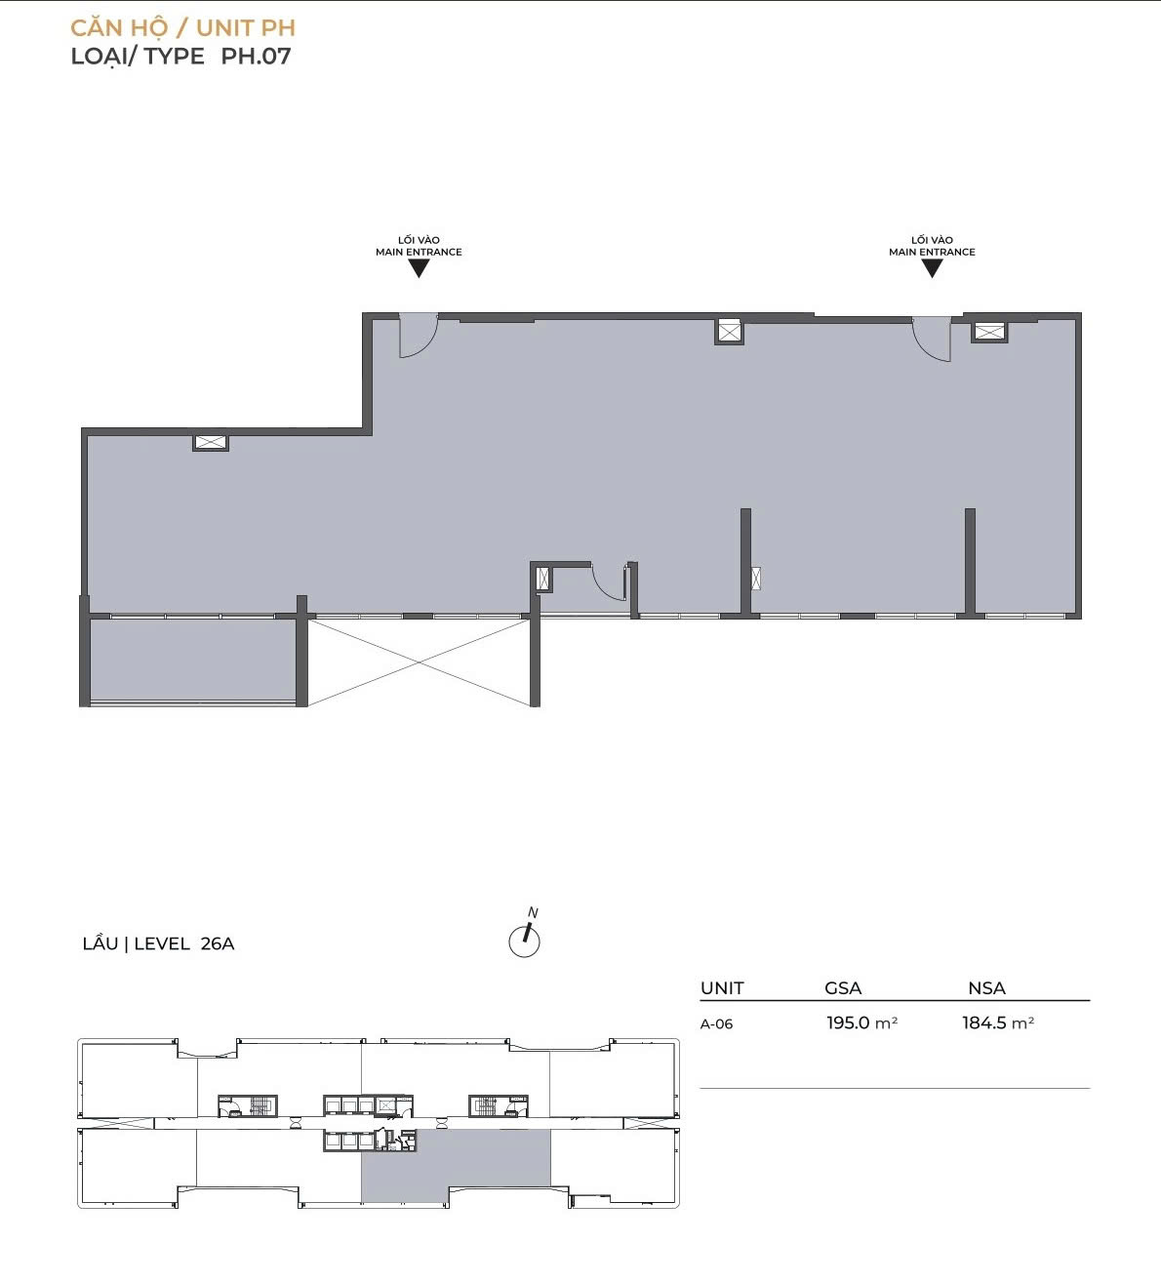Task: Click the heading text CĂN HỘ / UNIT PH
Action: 183,28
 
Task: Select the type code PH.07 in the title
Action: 256,57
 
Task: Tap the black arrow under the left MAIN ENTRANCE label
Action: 419,268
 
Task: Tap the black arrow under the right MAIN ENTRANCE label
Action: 932,268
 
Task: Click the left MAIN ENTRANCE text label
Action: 419,252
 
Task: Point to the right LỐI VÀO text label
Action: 932,240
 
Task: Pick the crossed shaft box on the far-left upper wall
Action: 211,442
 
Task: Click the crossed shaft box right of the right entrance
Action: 989,332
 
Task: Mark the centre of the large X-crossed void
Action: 419,662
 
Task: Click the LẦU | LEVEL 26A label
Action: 159,944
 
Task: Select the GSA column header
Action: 843,988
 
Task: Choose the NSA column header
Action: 986,988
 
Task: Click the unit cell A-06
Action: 716,1024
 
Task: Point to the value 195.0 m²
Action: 862,1022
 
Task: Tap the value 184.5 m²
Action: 998,1022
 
